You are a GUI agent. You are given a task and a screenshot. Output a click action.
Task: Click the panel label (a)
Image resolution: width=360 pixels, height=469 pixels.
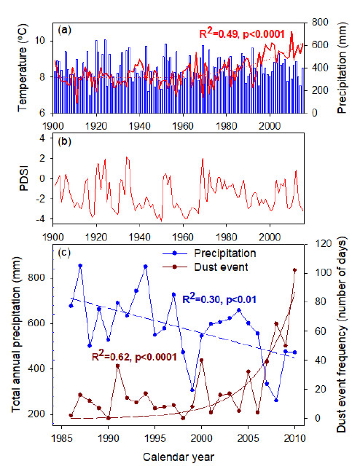click(x=64, y=30)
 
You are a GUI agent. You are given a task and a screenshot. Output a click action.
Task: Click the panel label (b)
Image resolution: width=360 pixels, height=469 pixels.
click(x=64, y=141)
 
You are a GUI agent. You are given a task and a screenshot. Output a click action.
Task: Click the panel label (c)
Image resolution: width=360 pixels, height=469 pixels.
click(x=64, y=253)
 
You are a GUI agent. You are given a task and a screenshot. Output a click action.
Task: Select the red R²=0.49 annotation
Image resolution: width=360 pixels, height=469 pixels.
click(x=242, y=33)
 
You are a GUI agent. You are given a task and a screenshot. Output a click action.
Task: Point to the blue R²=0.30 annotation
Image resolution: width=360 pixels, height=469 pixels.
click(x=219, y=299)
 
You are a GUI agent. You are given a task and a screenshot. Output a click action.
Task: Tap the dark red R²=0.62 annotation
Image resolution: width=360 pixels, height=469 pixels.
click(x=134, y=356)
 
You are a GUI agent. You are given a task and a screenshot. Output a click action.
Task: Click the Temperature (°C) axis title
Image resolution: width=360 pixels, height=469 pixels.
click(x=23, y=68)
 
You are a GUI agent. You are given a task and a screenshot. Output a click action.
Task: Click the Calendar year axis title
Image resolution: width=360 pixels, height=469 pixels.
click(x=179, y=457)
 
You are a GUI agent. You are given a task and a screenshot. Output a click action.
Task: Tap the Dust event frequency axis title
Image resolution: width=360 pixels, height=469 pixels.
click(x=341, y=334)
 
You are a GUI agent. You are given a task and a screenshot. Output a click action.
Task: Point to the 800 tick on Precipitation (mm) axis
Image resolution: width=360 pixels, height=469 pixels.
click(x=320, y=22)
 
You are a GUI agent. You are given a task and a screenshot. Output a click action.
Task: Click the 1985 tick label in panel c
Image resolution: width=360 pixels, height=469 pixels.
click(x=62, y=438)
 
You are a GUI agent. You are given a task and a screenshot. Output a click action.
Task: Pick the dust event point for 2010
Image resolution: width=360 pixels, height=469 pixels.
click(x=294, y=270)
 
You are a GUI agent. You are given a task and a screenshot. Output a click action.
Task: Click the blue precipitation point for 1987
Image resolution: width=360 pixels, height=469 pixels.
click(x=80, y=266)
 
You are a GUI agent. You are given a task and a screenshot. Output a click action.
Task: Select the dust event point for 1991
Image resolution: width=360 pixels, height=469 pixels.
click(x=117, y=366)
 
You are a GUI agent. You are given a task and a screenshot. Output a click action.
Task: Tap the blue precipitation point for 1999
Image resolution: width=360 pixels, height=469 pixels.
click(x=192, y=390)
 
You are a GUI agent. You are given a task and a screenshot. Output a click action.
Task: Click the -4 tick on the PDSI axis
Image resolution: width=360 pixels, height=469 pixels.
click(x=40, y=219)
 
